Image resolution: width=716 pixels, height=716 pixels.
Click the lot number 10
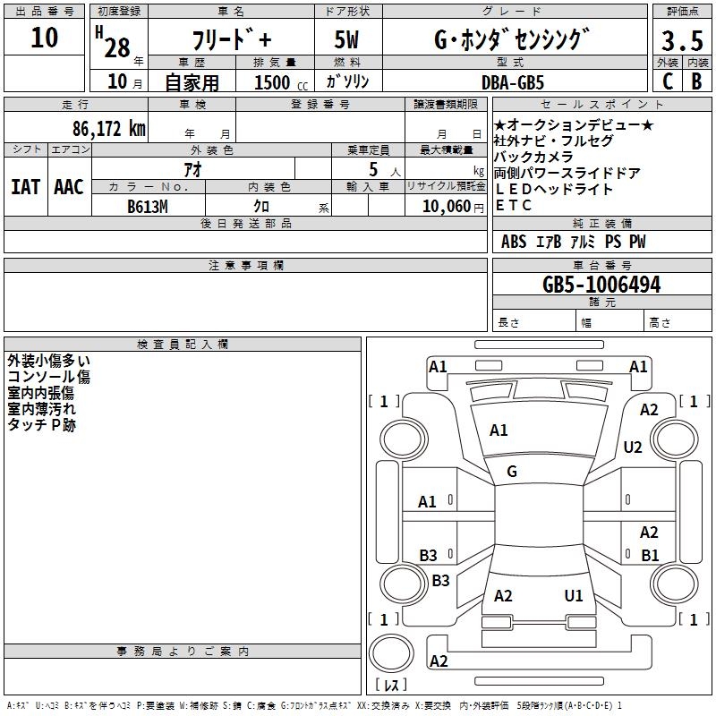(44, 38)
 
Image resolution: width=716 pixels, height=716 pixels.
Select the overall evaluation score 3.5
(680, 42)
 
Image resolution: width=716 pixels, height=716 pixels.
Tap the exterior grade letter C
(667, 81)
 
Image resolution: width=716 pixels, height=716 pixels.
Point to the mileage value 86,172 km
(107, 128)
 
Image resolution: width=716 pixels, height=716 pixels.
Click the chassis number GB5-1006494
(601, 285)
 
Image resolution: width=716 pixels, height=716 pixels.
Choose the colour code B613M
(148, 207)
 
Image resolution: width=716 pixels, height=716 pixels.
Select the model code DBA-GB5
(524, 81)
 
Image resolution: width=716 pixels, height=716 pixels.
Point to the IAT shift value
(25, 187)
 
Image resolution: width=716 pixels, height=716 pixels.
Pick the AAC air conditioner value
(68, 187)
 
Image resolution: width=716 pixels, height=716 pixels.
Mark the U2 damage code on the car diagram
(633, 447)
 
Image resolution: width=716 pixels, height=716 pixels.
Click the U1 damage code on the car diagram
(574, 595)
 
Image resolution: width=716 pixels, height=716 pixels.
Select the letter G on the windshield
(512, 472)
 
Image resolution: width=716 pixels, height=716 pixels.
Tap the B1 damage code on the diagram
(650, 555)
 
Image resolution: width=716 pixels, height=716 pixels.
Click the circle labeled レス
(391, 658)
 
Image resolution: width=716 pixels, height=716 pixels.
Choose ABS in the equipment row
(514, 242)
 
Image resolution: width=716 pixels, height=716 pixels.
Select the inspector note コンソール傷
(48, 377)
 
